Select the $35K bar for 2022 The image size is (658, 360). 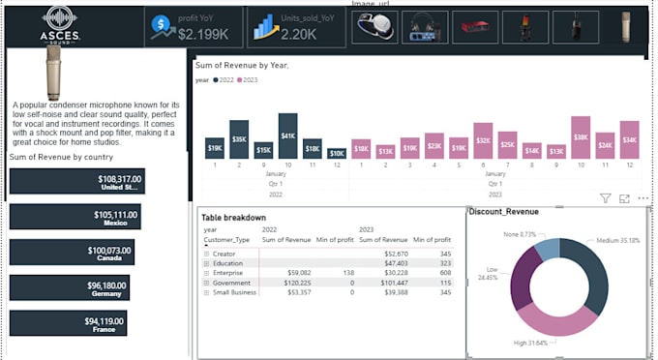239,139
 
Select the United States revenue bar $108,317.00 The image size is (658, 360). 76,181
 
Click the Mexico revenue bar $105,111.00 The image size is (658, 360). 75,216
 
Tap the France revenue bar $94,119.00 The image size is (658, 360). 68,323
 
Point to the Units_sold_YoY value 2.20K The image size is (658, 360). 299,33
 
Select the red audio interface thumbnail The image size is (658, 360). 477,26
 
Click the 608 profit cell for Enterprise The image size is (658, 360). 445,272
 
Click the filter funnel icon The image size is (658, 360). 606,198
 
